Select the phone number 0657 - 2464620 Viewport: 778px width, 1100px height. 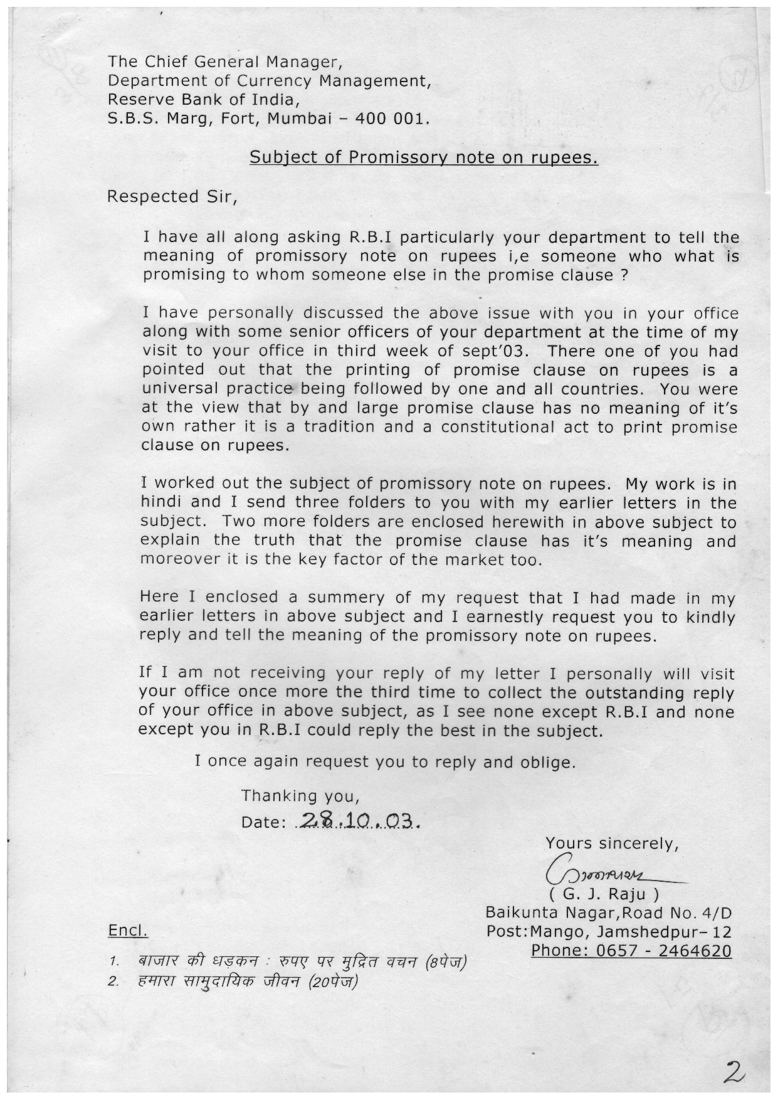[x=631, y=950]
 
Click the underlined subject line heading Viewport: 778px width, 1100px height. [x=424, y=157]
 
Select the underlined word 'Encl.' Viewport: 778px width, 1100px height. [x=128, y=931]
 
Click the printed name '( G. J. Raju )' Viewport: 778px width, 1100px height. [x=604, y=892]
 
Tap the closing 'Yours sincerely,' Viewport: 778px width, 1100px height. [x=612, y=844]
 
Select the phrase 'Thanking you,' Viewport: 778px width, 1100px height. [x=300, y=796]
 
